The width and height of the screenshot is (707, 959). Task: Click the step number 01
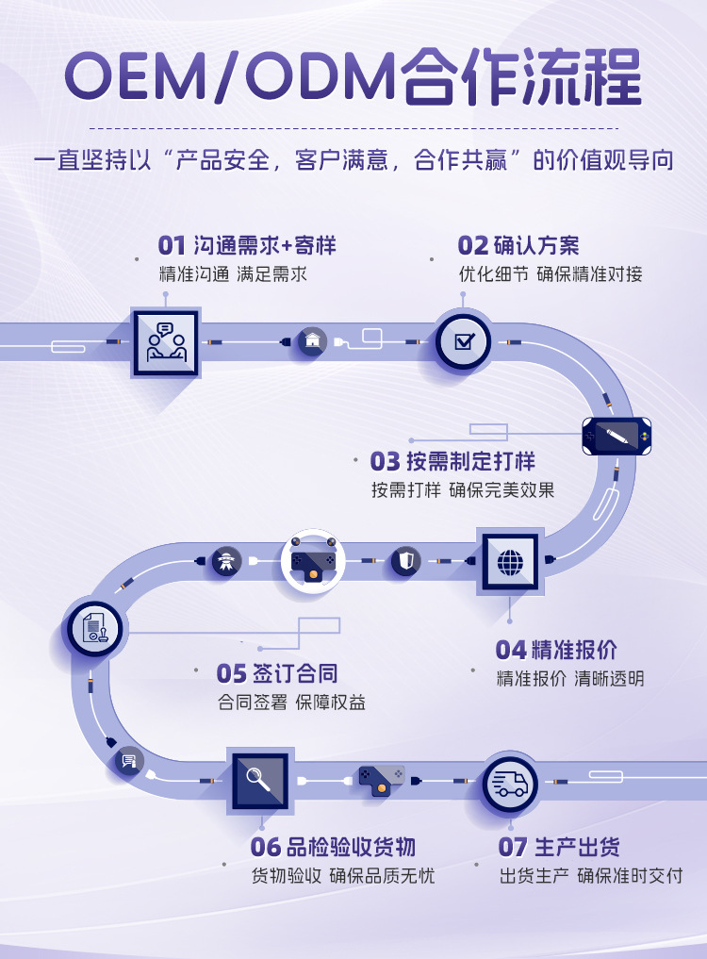pos(172,246)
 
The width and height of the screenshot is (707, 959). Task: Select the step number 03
pos(385,461)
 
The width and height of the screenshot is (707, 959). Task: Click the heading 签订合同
pos(294,673)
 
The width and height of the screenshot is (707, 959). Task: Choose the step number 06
pos(266,846)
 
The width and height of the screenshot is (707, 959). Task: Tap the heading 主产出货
pos(577,846)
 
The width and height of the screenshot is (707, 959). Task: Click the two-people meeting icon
pos(166,343)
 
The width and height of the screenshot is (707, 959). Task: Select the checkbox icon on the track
pos(463,341)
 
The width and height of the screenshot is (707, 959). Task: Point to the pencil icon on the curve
pos(617,437)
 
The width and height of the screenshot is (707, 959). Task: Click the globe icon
pos(510,563)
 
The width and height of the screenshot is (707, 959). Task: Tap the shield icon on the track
pos(405,562)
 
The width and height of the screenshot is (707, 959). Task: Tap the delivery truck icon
pos(510,783)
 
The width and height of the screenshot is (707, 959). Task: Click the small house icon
pos(312,340)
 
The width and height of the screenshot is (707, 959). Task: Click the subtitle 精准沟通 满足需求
pos(233,274)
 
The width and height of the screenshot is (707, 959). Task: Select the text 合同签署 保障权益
pos(291,703)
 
